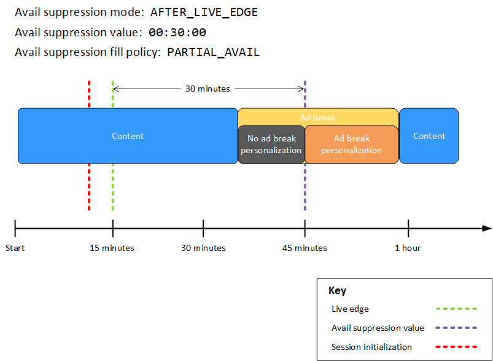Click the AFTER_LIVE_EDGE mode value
pyautogui.click(x=204, y=12)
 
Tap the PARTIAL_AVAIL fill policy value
pyautogui.click(x=213, y=52)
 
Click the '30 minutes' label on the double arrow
pyautogui.click(x=208, y=89)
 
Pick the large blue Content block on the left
pyautogui.click(x=128, y=136)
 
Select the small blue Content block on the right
pyautogui.click(x=429, y=136)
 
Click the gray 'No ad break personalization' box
pyautogui.click(x=271, y=145)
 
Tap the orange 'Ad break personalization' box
pyautogui.click(x=351, y=145)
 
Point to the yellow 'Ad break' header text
pyautogui.click(x=318, y=117)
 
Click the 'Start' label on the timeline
pyautogui.click(x=15, y=248)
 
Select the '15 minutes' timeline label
pyautogui.click(x=112, y=248)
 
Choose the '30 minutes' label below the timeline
pyautogui.click(x=203, y=248)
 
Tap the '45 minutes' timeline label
pyautogui.click(x=305, y=248)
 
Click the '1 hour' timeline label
pyautogui.click(x=408, y=248)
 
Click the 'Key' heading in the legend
pyautogui.click(x=337, y=291)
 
